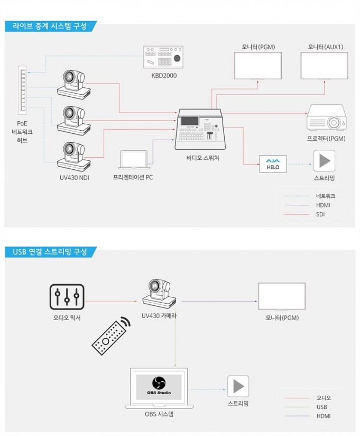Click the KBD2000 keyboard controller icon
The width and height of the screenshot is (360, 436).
click(x=163, y=57)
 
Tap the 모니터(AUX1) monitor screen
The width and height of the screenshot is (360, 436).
click(x=324, y=66)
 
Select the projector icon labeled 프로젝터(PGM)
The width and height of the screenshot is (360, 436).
click(x=326, y=117)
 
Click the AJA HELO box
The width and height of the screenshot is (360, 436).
click(x=273, y=164)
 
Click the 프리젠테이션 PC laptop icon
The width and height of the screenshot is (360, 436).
click(x=134, y=160)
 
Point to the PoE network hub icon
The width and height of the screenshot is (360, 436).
click(x=22, y=90)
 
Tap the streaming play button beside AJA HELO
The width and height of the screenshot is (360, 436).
click(x=324, y=161)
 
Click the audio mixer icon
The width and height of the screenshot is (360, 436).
click(x=67, y=297)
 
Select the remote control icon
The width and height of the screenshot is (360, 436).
click(x=111, y=335)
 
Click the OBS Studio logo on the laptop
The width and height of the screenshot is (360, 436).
click(x=159, y=383)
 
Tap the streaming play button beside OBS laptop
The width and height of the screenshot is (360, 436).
click(x=238, y=386)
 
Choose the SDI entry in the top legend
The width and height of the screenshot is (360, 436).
click(x=320, y=214)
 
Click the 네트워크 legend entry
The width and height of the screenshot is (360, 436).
click(x=326, y=196)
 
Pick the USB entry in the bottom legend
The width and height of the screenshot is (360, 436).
click(x=321, y=407)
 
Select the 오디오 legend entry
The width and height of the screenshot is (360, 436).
click(x=324, y=398)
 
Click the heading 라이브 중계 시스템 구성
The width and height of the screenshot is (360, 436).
click(x=50, y=26)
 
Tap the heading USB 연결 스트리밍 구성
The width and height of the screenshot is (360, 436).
click(x=50, y=252)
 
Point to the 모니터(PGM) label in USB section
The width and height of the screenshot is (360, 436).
click(x=282, y=318)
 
